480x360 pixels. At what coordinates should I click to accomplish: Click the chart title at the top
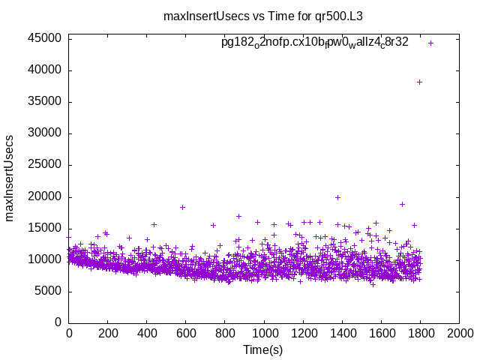point(247,16)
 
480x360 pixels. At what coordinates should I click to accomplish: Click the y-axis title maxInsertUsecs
point(10,178)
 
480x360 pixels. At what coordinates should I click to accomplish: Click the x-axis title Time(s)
point(262,349)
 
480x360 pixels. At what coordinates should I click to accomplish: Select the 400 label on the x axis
point(147,334)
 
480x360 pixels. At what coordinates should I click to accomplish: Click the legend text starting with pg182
point(315,43)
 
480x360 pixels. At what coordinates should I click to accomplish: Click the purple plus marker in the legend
point(431,43)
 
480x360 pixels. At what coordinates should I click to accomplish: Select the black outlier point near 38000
point(419,82)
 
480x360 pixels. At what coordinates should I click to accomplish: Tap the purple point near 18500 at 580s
point(182,207)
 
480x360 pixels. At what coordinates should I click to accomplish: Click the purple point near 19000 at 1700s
point(402,204)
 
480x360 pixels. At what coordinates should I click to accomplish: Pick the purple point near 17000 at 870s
point(238,216)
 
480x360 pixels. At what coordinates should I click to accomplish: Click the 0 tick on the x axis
point(69,334)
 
